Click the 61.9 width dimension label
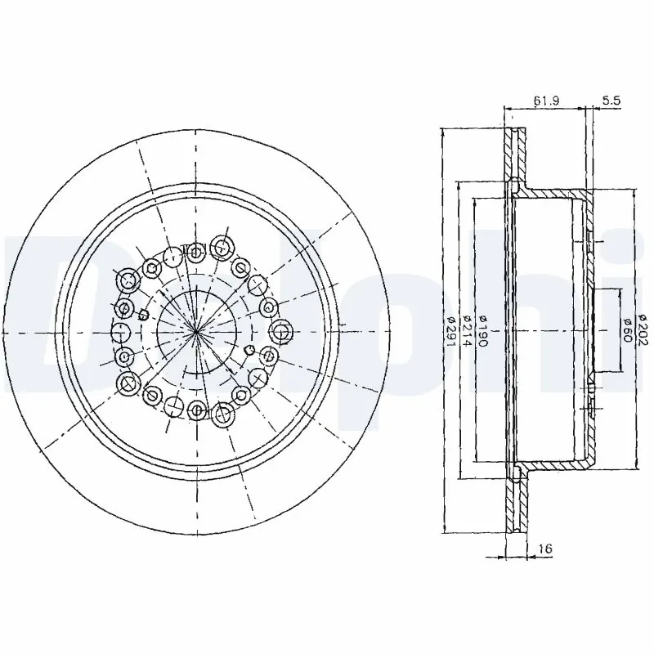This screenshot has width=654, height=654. tap(545, 101)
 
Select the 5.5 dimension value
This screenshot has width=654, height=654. tap(611, 101)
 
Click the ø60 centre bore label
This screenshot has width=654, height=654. tap(626, 331)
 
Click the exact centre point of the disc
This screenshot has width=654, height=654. tap(197, 331)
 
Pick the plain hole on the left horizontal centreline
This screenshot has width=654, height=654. tap(119, 332)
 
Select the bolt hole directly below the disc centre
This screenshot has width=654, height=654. tap(197, 410)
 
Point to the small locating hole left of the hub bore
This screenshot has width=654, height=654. tap(143, 315)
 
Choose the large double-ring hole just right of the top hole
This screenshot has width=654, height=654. tap(220, 245)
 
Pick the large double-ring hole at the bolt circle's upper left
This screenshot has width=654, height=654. tap(128, 280)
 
